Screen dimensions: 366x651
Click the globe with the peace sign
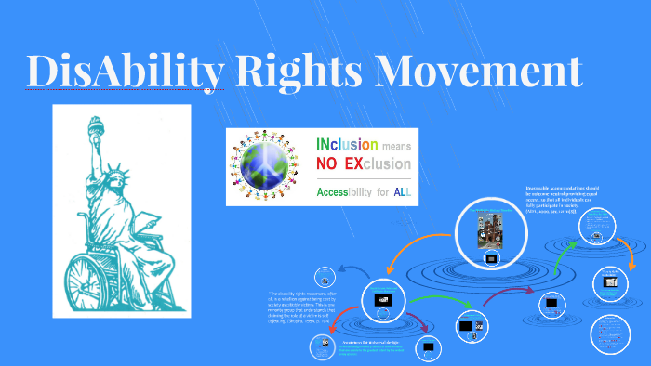pyautogui.click(x=276, y=166)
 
